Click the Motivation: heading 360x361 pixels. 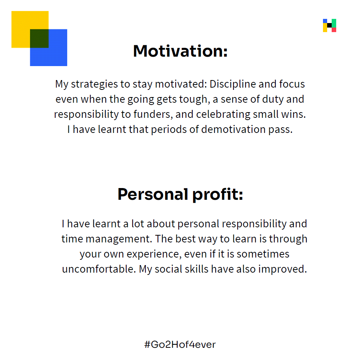[x=180, y=51]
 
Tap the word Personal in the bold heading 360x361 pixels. [x=153, y=194]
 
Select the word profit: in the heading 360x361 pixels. [x=218, y=195]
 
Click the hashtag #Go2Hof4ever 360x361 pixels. [x=180, y=344]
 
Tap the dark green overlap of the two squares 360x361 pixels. [x=39, y=39]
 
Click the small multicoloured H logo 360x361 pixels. [x=330, y=25]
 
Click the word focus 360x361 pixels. [x=292, y=84]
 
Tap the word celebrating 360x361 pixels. [x=223, y=114]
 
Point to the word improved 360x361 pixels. [x=283, y=269]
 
